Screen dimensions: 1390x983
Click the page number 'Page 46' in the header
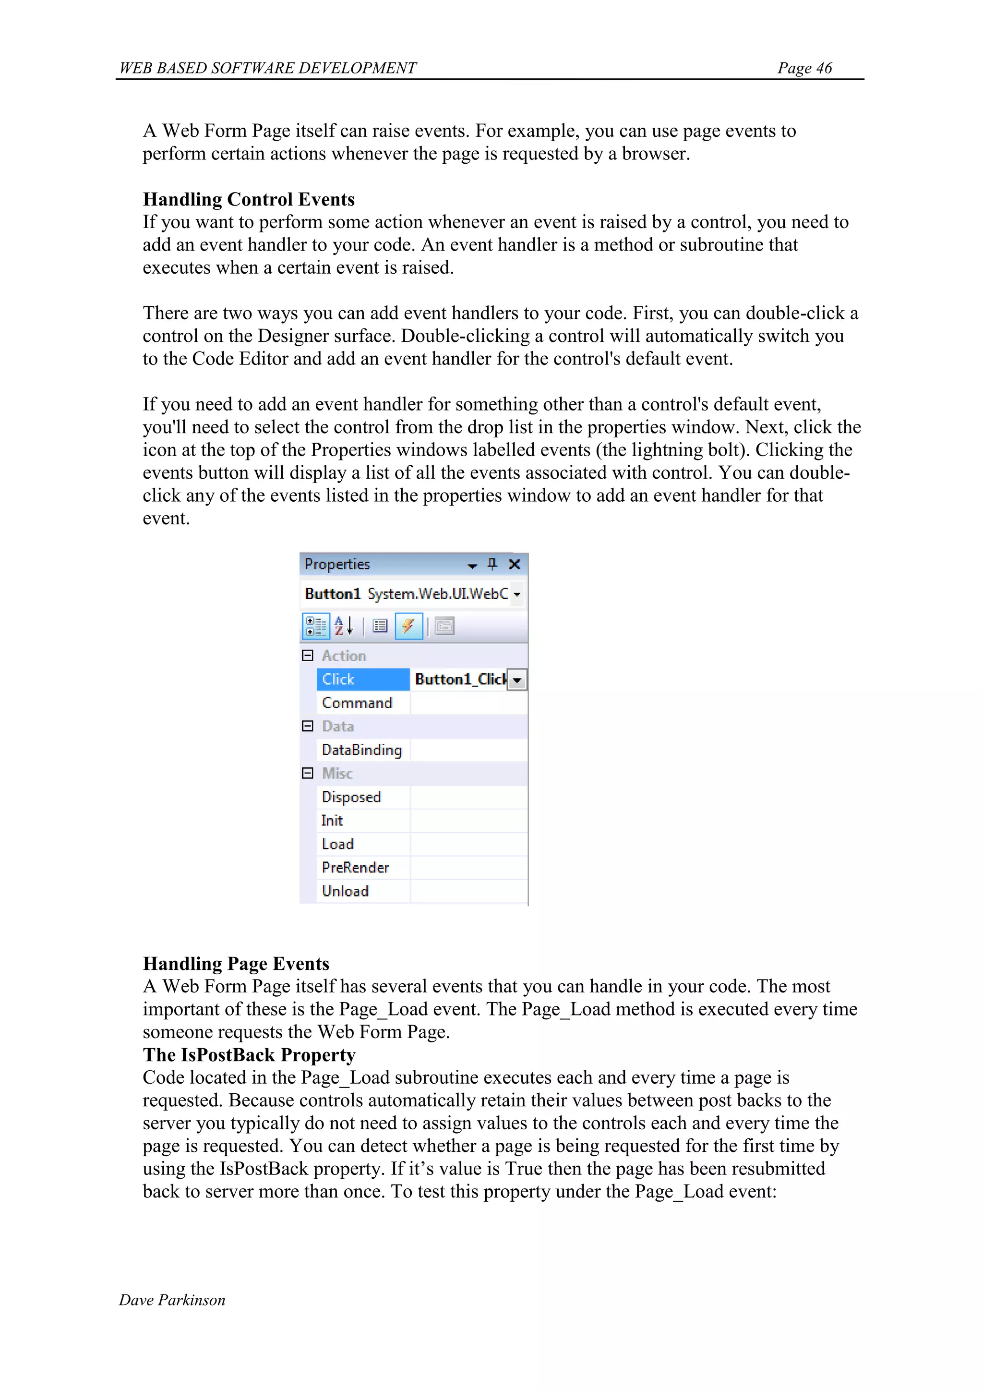point(804,68)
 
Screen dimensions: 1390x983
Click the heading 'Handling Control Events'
point(248,199)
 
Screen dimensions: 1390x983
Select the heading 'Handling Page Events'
point(236,963)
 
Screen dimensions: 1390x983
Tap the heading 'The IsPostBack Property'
point(249,1054)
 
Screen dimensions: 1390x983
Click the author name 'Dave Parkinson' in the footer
point(172,1300)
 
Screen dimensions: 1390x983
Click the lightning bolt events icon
point(408,626)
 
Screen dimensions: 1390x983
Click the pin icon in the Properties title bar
point(492,564)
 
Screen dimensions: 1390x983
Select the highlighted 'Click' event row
point(362,679)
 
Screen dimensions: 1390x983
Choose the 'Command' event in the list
point(357,703)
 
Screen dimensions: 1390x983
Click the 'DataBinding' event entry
point(361,750)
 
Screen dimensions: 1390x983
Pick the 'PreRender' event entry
point(355,868)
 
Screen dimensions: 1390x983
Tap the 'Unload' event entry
point(345,891)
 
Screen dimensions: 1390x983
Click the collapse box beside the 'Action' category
point(308,656)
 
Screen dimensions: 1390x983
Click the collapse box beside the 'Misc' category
point(308,773)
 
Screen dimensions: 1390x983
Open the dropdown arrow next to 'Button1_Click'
point(517,680)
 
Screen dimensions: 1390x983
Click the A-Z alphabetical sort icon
point(343,626)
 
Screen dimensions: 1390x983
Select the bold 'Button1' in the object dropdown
point(332,594)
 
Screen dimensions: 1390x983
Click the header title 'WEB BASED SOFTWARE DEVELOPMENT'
point(267,68)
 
